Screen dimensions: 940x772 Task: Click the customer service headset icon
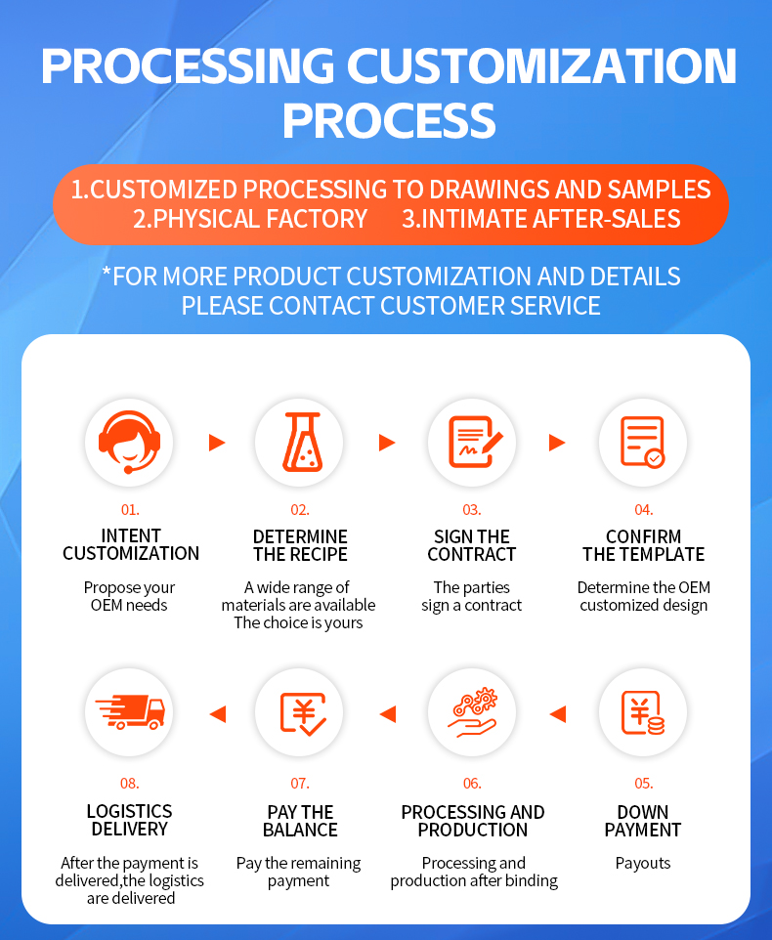coord(129,443)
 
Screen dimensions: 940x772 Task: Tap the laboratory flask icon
coord(300,443)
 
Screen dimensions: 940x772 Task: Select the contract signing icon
coord(472,443)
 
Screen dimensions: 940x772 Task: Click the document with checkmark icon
coord(643,443)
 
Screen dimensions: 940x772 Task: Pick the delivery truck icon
coord(129,714)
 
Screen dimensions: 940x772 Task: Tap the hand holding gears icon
coord(472,714)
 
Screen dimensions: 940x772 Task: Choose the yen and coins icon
coord(643,714)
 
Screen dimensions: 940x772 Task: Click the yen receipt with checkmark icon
coord(300,714)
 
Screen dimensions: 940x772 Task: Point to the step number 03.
coord(472,510)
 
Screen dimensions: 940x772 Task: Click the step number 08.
coord(129,784)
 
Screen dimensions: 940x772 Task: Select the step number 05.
coord(643,784)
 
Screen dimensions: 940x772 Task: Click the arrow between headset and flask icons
coord(216,443)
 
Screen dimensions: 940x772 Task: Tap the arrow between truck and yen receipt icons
coord(217,714)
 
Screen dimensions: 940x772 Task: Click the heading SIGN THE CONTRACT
coord(472,545)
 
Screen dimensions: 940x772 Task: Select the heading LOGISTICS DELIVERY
coord(129,821)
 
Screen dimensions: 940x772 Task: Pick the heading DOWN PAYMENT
coord(643,821)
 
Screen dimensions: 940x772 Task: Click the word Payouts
coord(643,864)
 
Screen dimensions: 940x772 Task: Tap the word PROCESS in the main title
coord(389,120)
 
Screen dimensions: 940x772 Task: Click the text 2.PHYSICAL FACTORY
coord(250,219)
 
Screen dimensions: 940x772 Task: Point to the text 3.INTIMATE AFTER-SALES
coord(541,219)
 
